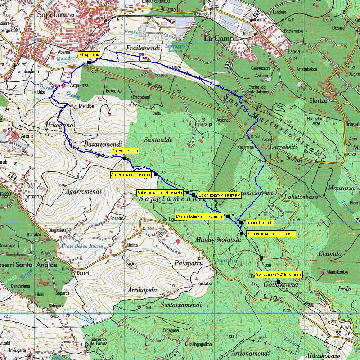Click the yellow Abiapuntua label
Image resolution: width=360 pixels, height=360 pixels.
[89, 55]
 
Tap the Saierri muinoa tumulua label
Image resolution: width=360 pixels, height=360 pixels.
[130, 175]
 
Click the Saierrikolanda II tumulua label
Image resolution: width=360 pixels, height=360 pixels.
[220, 195]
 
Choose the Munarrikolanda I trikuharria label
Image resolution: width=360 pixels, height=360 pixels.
[199, 216]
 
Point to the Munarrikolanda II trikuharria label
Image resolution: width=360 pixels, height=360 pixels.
[271, 234]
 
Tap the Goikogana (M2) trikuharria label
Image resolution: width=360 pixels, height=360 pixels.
[278, 274]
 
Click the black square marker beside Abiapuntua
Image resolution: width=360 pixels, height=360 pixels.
[89, 63]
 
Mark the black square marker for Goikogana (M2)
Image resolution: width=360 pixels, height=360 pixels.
[278, 282]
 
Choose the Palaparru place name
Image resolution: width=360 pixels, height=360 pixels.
[186, 263]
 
